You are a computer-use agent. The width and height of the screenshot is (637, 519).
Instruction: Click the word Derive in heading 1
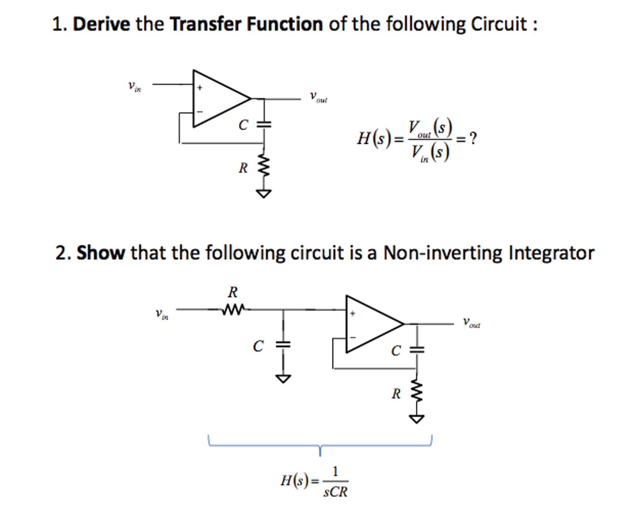pyautogui.click(x=101, y=24)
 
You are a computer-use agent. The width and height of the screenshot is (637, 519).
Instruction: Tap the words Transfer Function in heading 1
pyautogui.click(x=246, y=24)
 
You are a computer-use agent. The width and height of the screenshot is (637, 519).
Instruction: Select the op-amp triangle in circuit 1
pyautogui.click(x=218, y=99)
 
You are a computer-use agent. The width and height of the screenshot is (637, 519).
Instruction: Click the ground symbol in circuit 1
pyautogui.click(x=264, y=194)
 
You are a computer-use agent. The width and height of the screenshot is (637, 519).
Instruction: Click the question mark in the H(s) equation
pyautogui.click(x=473, y=138)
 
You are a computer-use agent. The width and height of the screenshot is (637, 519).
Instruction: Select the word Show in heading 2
pyautogui.click(x=101, y=253)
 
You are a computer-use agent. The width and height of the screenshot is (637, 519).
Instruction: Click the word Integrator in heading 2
pyautogui.click(x=551, y=253)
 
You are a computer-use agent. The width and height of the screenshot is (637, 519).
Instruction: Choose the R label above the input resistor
pyautogui.click(x=233, y=292)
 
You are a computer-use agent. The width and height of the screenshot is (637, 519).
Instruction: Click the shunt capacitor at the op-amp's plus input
pyautogui.click(x=283, y=344)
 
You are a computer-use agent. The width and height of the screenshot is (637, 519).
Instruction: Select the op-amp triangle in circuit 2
pyautogui.click(x=370, y=324)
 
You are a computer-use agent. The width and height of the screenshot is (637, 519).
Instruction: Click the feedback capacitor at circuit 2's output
pyautogui.click(x=417, y=350)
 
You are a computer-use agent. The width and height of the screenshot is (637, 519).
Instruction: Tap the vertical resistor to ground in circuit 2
pyautogui.click(x=417, y=393)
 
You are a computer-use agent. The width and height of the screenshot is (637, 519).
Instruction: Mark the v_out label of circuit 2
pyautogui.click(x=471, y=322)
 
